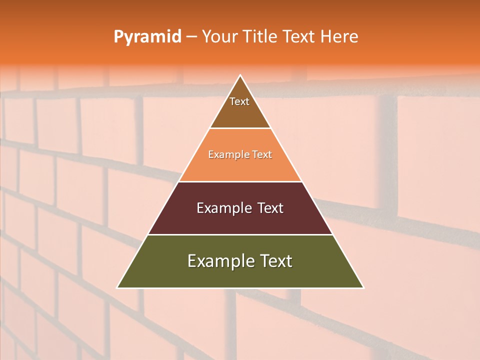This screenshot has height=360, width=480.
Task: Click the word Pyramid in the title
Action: coord(147,37)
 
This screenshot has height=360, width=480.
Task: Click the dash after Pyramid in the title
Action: coord(191,37)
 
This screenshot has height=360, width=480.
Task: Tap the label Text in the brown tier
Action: coord(239,101)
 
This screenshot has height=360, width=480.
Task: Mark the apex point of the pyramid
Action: coord(240,75)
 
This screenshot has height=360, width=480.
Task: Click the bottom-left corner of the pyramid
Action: coord(118,287)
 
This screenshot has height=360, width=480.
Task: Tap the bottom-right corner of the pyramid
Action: coord(363,287)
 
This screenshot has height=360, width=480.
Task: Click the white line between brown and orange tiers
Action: coord(240,128)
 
